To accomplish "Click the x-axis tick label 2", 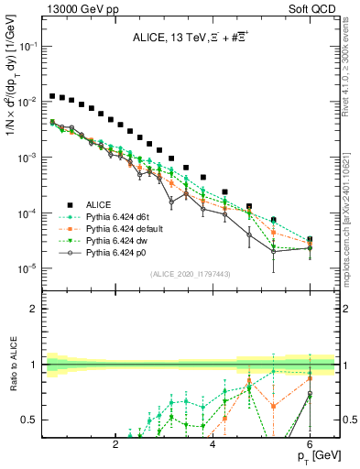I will [x=115, y=444].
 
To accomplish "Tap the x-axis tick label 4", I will [x=213, y=444].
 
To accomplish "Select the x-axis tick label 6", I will [x=311, y=444].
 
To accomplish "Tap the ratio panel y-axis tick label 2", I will [x=36, y=308].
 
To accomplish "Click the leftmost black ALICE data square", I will [x=53, y=95].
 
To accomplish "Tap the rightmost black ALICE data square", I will [x=310, y=240].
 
